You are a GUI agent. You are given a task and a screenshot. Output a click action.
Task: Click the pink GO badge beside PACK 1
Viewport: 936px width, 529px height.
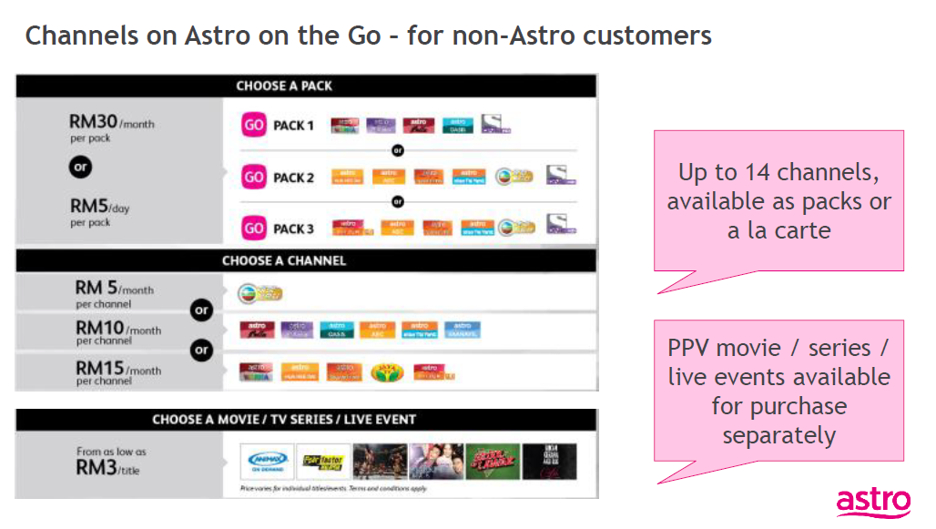[253, 125]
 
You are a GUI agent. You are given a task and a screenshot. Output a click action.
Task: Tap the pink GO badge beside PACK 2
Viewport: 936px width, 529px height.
[253, 177]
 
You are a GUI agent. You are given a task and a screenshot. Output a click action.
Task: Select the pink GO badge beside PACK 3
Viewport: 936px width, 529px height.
[253, 228]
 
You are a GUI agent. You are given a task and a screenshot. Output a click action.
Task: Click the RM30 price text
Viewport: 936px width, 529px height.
[92, 121]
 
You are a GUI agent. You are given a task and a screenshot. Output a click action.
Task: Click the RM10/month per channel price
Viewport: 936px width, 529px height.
[99, 328]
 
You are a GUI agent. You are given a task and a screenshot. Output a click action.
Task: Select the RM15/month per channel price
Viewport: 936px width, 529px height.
[99, 368]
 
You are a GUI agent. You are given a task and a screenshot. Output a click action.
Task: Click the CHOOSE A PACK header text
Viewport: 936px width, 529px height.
[284, 86]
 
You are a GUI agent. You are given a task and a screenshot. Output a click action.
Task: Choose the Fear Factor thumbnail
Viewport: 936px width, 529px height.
[323, 461]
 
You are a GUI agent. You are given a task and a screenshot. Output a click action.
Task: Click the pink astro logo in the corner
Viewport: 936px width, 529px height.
[872, 501]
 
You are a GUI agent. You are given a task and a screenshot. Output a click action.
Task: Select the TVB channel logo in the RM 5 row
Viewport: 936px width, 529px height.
[259, 293]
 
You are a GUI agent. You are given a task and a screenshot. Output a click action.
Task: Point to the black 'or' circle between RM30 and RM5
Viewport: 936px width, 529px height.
[80, 167]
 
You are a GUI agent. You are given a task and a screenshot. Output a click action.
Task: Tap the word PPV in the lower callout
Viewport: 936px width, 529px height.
[690, 348]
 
